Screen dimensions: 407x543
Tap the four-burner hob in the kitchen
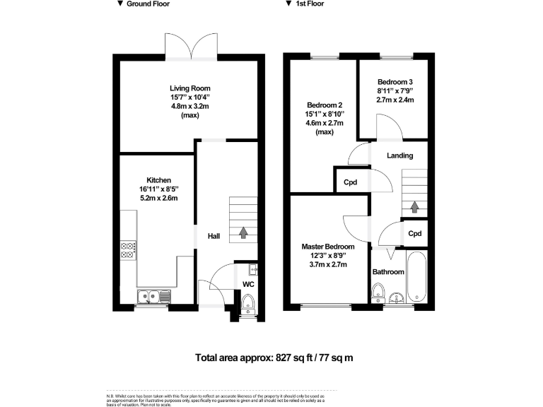pos(129,249)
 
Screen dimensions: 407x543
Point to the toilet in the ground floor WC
pos(247,302)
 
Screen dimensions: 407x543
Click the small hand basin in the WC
pos(253,269)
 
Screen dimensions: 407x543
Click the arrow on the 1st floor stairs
pos(414,207)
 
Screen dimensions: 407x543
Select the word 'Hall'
pos(213,236)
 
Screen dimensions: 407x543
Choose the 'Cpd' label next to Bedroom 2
pos(349,182)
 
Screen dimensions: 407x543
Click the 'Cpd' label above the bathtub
pos(415,233)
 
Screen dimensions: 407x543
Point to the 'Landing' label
pos(399,155)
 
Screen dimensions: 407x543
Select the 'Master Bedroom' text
pos(328,246)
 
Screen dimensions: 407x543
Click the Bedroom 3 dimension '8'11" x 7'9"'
pos(395,90)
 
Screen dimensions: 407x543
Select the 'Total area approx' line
pos(273,358)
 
